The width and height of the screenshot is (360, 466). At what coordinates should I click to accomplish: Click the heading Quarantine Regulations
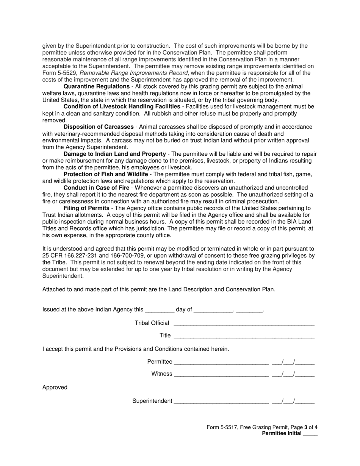(96, 87)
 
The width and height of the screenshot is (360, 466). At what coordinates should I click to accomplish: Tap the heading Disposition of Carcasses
(99, 127)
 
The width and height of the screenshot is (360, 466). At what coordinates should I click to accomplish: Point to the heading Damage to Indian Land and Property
(114, 154)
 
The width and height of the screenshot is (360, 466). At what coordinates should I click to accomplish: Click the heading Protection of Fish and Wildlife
(106, 174)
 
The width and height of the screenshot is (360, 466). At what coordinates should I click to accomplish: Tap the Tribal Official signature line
(244, 323)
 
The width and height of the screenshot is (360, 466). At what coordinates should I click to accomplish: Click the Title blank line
(244, 336)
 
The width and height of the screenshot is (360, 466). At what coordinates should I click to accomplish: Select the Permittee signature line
(221, 362)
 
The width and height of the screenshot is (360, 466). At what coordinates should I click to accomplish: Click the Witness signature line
(221, 374)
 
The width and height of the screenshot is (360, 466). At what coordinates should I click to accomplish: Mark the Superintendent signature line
(221, 401)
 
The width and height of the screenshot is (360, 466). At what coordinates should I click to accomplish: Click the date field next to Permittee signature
(293, 362)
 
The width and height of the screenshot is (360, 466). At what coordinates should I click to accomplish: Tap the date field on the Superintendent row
(293, 401)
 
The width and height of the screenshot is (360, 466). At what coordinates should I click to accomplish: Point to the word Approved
(55, 387)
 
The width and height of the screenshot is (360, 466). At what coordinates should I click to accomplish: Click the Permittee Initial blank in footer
(310, 434)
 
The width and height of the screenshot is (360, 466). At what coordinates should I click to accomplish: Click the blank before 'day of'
(160, 310)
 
